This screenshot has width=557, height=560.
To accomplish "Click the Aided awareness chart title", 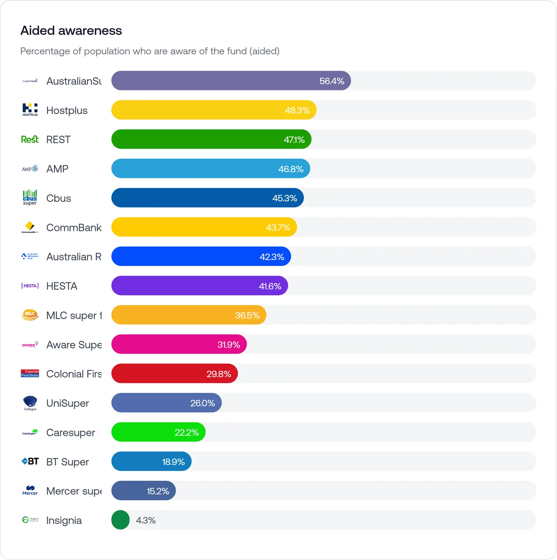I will click(71, 30).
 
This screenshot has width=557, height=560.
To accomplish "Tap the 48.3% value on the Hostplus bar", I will click(297, 110).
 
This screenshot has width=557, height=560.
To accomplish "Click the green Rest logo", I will click(30, 139).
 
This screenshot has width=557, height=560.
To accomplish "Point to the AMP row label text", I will click(57, 169).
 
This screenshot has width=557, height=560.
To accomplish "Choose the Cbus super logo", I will click(30, 198).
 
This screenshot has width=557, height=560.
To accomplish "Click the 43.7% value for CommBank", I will click(278, 227).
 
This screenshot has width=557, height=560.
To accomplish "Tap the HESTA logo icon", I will click(30, 286).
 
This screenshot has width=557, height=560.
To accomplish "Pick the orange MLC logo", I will click(30, 315).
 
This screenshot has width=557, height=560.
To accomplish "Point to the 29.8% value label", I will click(219, 374).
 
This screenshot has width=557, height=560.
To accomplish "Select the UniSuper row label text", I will click(68, 403).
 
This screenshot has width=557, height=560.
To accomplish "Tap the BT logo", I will click(30, 461).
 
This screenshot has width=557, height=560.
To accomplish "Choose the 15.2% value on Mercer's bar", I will click(158, 491).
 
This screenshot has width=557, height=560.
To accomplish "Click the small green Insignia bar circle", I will click(120, 520).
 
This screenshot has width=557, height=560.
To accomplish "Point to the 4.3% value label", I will click(146, 520).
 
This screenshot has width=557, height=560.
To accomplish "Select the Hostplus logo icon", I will click(30, 110).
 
